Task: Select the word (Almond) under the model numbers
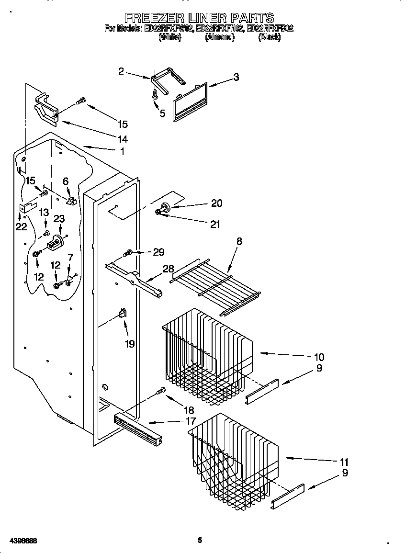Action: (x=220, y=37)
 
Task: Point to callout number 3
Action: (x=236, y=77)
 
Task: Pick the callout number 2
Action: (x=121, y=71)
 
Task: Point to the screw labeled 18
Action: (x=162, y=392)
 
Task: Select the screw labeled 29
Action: (x=128, y=252)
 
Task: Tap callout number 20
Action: (x=216, y=203)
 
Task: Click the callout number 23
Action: (x=59, y=218)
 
